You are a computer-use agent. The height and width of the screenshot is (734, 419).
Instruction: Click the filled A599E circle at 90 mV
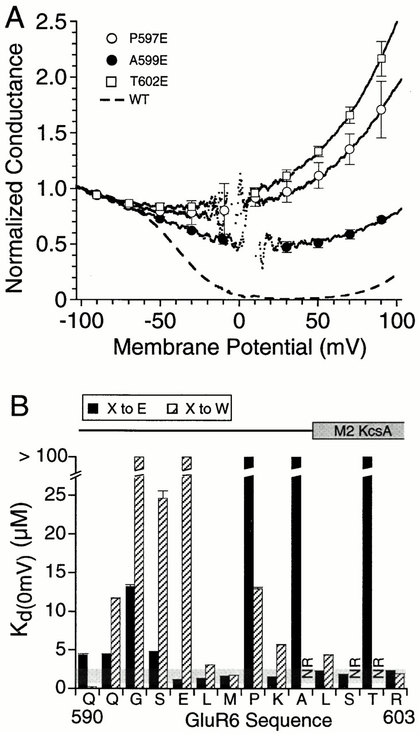point(381,220)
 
